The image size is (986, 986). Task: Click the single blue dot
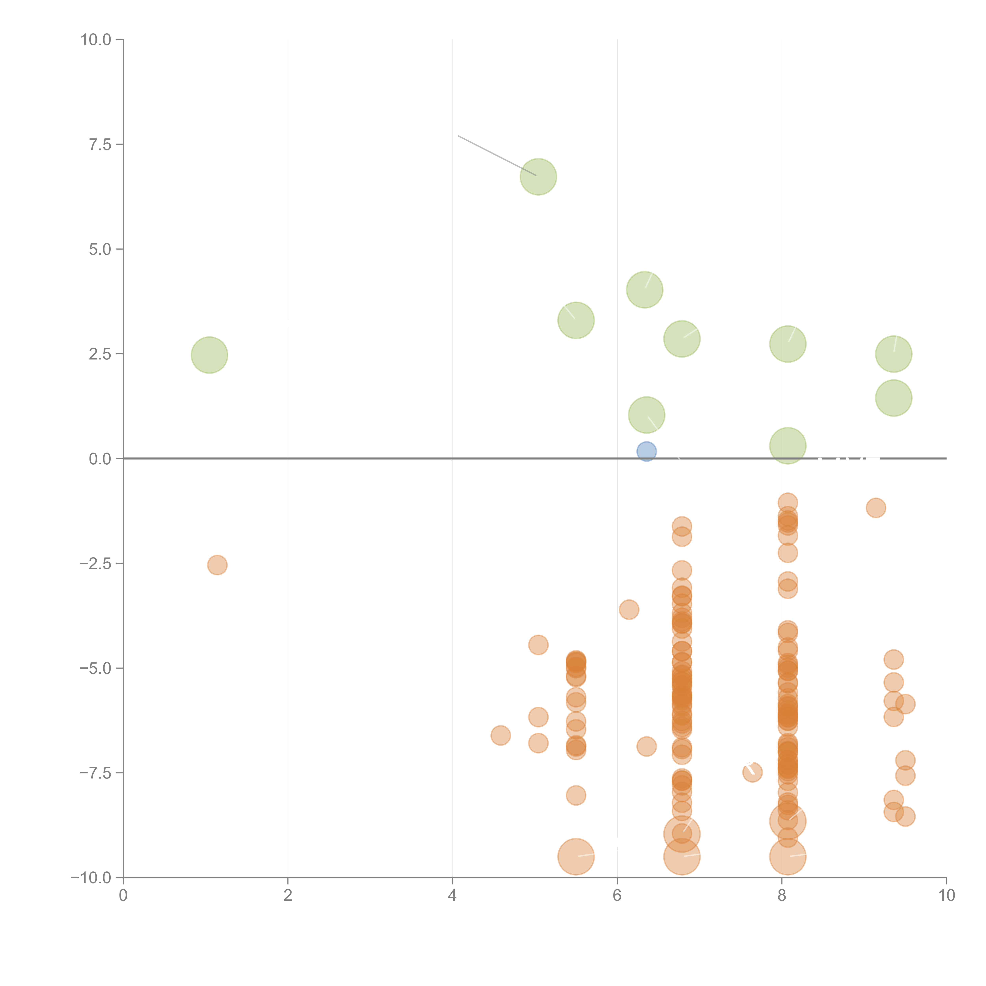point(646,451)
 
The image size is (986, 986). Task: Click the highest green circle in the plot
point(538,176)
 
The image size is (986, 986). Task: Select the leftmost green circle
point(209,355)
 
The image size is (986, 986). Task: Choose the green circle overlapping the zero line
point(787,445)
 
